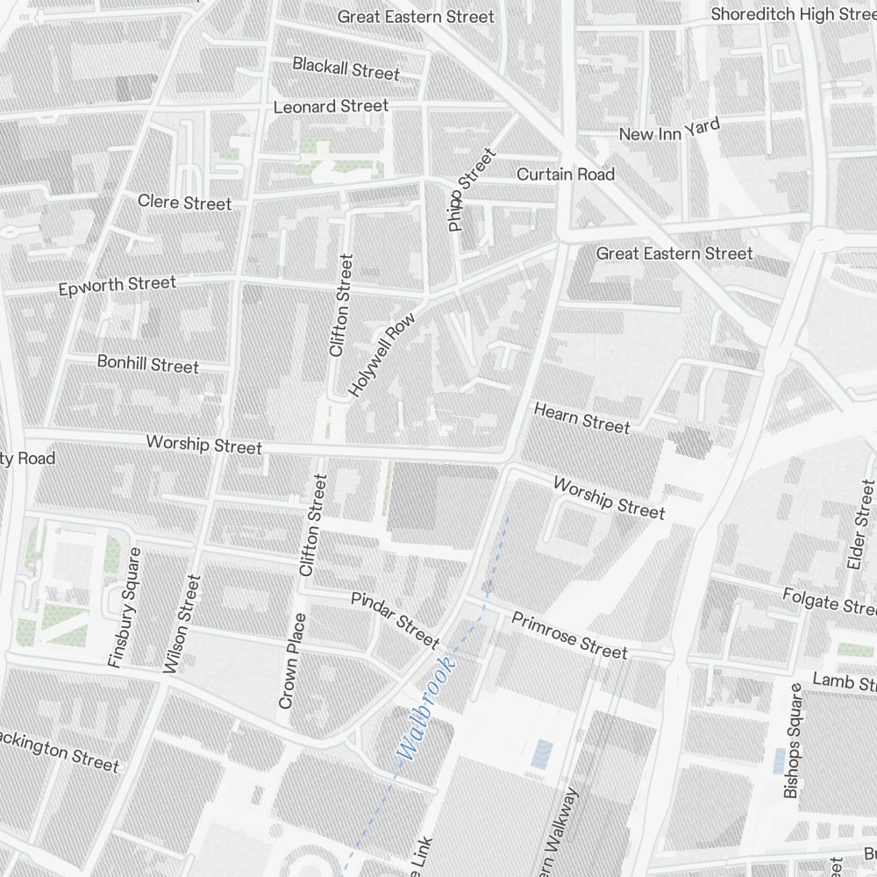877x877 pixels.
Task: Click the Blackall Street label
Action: coord(346,68)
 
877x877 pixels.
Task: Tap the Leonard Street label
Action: coord(331,106)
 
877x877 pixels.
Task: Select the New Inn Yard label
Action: coord(669,130)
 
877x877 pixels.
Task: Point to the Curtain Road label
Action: coord(565,175)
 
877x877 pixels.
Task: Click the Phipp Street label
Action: coord(471,190)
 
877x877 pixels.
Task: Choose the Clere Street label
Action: coord(184,203)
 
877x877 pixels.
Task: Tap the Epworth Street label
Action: coord(117,286)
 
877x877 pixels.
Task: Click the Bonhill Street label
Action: coord(147,363)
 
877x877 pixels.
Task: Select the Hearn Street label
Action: coord(581,417)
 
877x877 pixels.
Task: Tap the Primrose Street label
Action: coord(569,636)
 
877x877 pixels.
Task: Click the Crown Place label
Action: coord(292,660)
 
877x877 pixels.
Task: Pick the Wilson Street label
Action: coord(182,624)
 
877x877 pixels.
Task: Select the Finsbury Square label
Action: coord(124,608)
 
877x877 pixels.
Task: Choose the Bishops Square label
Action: coord(792,741)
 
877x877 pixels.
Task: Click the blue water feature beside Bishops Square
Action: coord(778,760)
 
